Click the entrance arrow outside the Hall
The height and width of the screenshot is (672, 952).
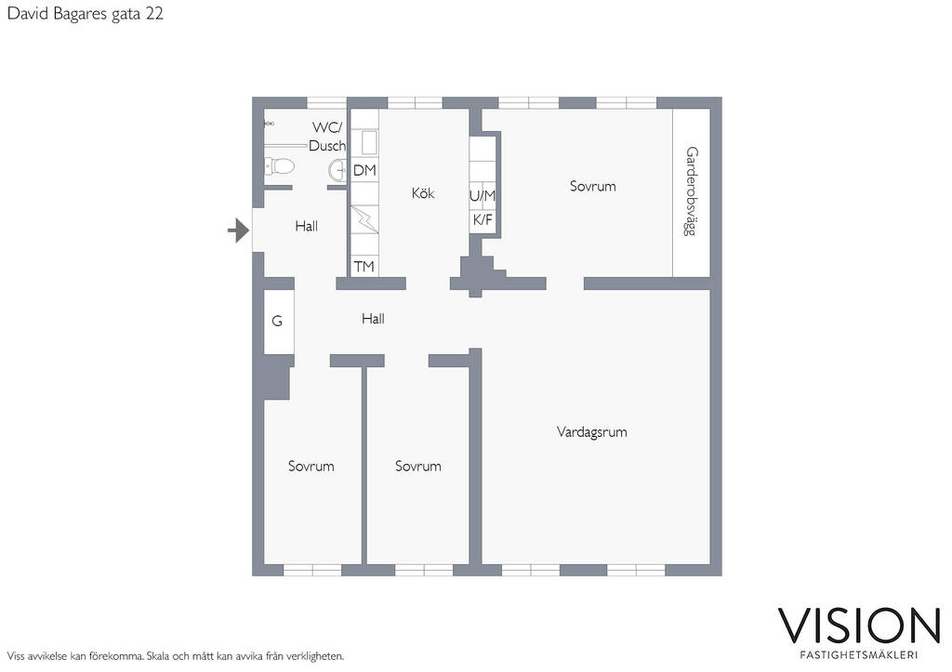point(238,231)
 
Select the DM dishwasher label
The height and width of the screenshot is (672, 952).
point(364,171)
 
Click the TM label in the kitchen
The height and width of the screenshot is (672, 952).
point(364,267)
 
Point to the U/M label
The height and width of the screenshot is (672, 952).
point(483,195)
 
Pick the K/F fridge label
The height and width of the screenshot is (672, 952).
point(483,219)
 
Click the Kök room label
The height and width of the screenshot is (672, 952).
point(423,193)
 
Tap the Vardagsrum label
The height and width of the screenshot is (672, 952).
point(592,432)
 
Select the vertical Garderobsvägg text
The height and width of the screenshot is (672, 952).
point(691,191)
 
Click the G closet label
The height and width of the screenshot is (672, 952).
point(277,321)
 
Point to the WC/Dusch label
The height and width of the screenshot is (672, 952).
point(327,137)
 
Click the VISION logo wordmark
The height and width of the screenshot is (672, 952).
point(859,626)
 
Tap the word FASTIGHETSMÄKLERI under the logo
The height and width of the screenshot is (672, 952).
point(858,655)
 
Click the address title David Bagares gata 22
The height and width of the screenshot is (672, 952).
point(85,14)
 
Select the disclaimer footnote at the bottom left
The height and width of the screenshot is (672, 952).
point(176,656)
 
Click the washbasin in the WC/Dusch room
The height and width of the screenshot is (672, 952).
point(337,170)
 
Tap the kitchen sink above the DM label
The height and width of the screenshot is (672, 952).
point(369,142)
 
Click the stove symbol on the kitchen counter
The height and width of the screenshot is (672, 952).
point(364,219)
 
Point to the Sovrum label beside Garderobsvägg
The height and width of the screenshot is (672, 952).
point(592,187)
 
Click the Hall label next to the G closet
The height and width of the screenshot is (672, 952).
point(373,319)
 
